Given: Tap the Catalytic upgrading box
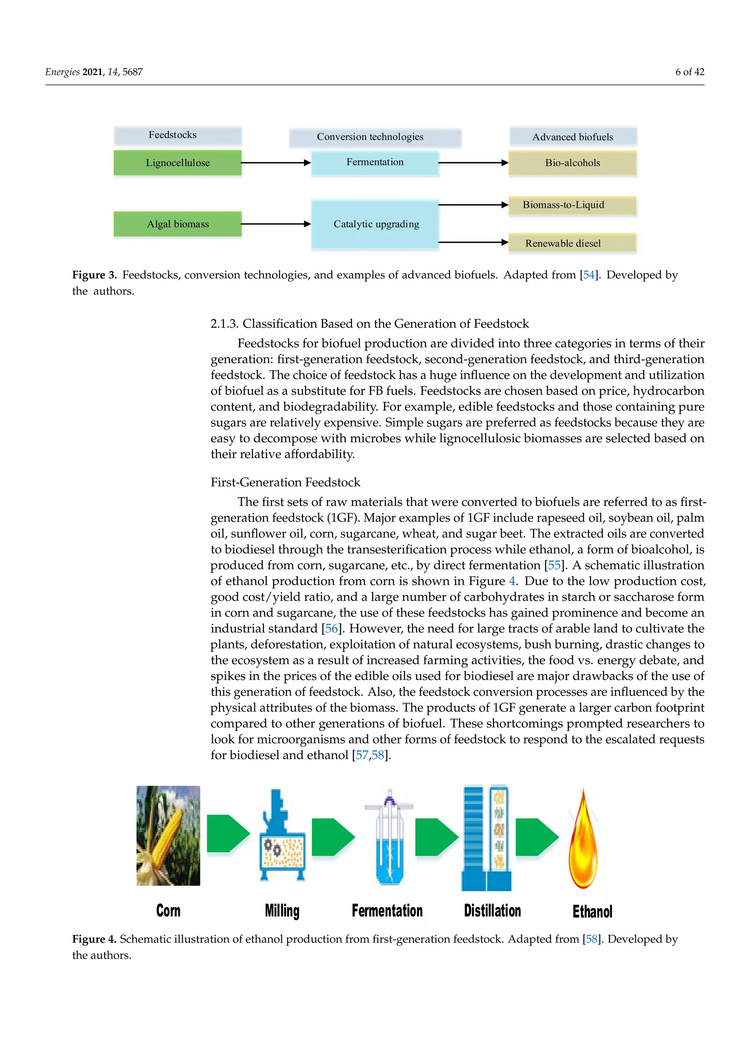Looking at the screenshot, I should tap(375, 224).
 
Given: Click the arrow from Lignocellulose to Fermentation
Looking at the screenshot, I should tap(276, 163).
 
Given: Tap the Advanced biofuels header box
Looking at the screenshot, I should tap(573, 137).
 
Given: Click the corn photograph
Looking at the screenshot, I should tap(168, 835).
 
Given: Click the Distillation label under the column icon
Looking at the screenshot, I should tap(492, 911).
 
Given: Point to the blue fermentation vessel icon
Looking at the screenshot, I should tap(389, 839).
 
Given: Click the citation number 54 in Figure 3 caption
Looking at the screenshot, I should tap(589, 275).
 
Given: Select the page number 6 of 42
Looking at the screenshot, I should tap(690, 72).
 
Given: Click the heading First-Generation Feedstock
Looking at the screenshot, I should tap(285, 483).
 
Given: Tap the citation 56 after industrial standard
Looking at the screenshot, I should tap(331, 628).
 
